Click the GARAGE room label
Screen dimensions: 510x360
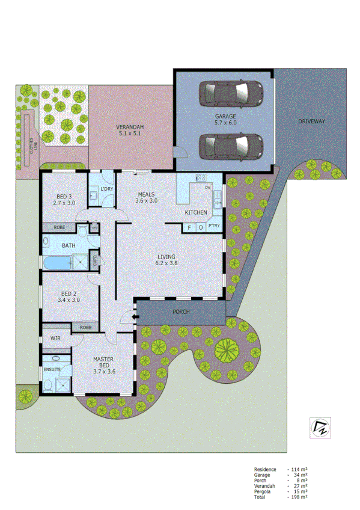coord(225,117)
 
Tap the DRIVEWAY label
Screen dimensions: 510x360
coord(311,121)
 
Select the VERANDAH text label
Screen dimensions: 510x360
coord(129,127)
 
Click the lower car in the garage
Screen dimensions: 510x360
coord(231,144)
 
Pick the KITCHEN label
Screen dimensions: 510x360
coord(196,213)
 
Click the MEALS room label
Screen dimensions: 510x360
coord(147,195)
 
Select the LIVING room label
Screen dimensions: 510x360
coord(166,255)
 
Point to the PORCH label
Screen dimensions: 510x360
coord(181,312)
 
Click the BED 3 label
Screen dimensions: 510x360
coord(64,197)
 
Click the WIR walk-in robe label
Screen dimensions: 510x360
coord(56,339)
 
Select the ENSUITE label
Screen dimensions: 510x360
coord(52,369)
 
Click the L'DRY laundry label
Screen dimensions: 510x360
coord(107,190)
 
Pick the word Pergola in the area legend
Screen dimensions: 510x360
coord(263,491)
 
